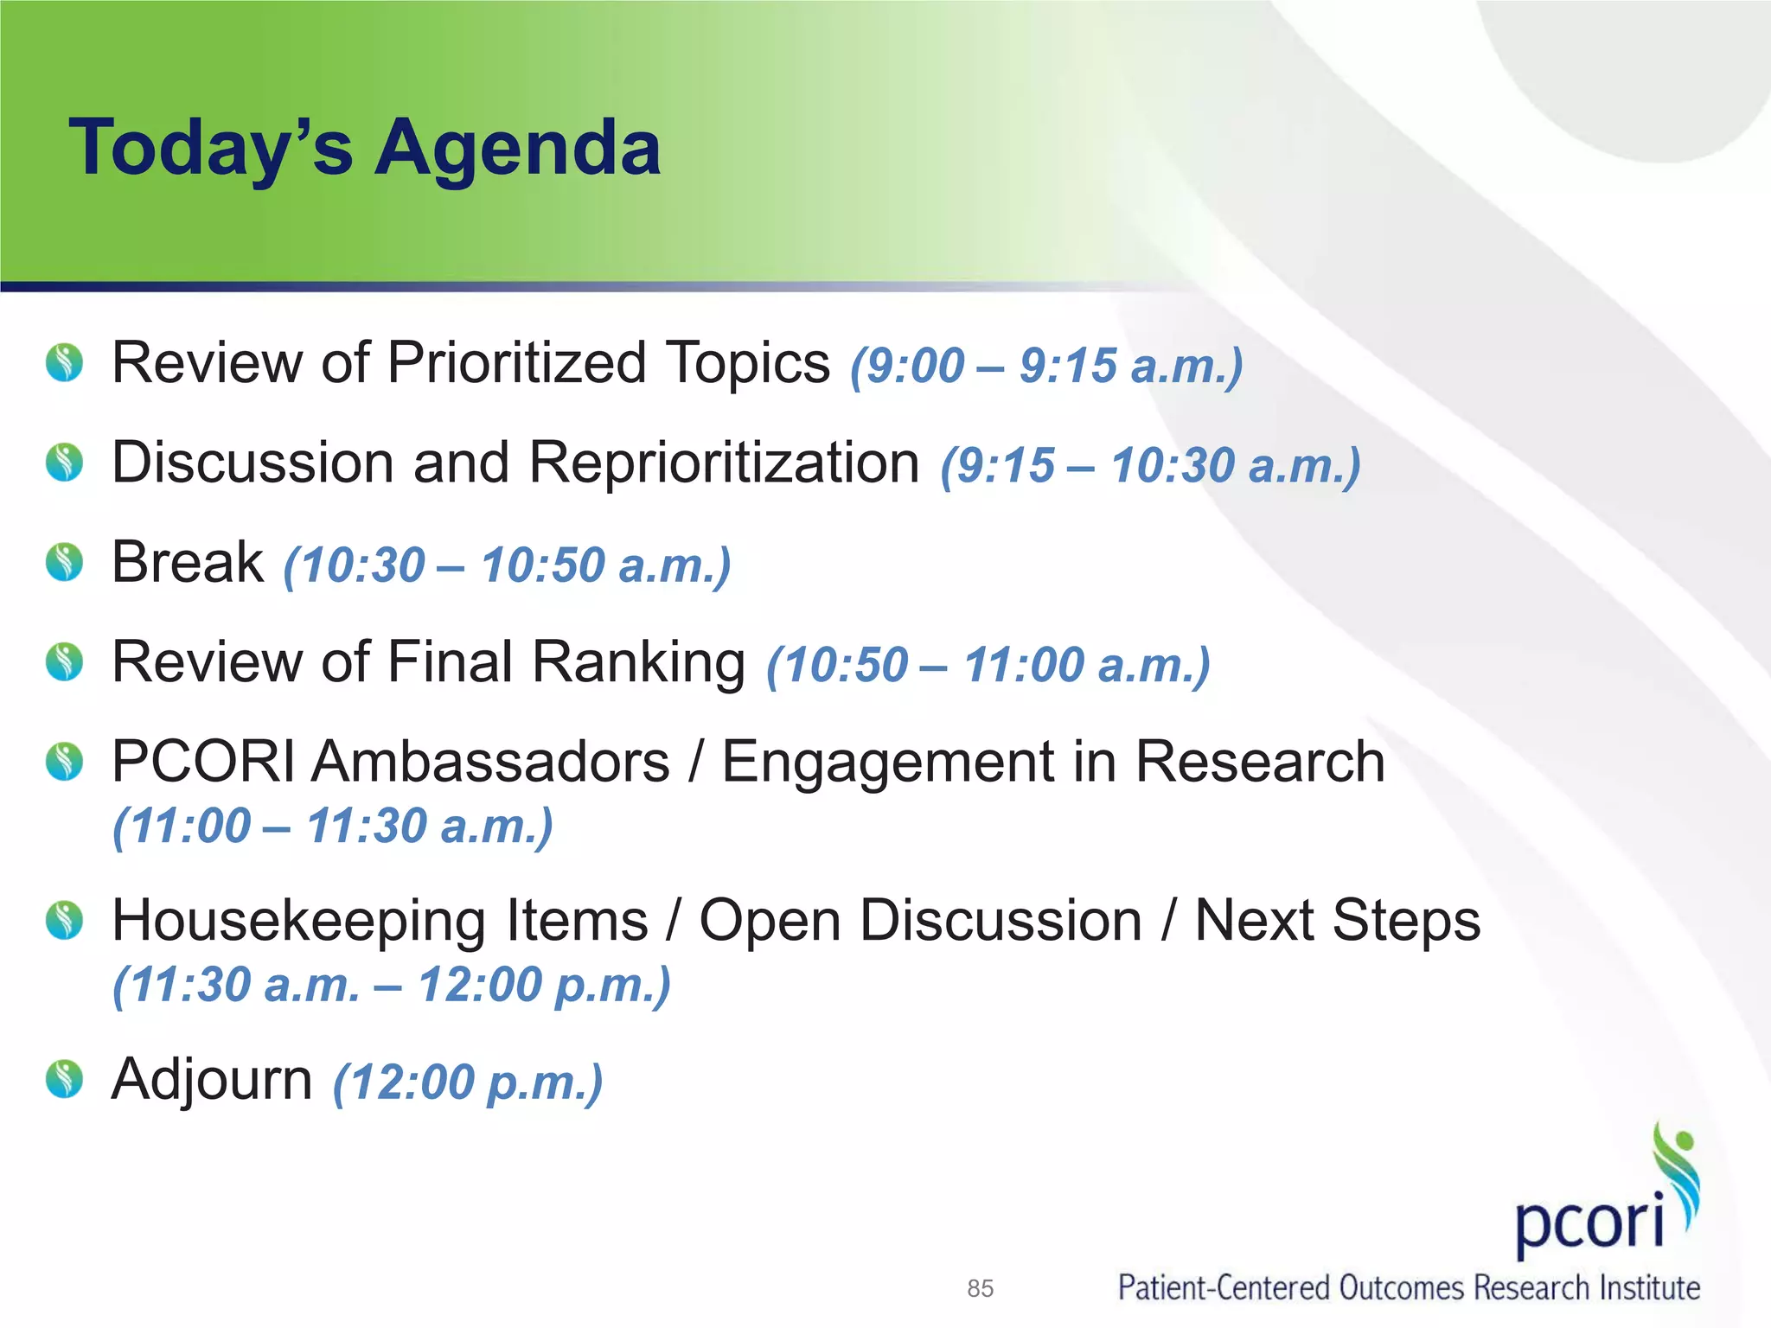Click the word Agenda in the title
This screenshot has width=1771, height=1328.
[518, 149]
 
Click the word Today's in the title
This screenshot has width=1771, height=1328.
[211, 149]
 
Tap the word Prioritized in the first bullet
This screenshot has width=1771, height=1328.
[517, 362]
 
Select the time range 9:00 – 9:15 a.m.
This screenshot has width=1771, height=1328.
[1046, 366]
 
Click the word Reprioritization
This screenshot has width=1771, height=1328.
[724, 463]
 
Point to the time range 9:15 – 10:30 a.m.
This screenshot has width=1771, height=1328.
[1150, 466]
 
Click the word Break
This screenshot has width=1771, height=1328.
[188, 563]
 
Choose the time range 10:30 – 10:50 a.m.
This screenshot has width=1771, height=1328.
[508, 566]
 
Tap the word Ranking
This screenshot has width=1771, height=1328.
[638, 662]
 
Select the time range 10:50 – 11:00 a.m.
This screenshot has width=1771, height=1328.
[988, 666]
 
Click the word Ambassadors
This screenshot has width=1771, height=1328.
[490, 762]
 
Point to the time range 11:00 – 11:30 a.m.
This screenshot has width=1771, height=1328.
[333, 827]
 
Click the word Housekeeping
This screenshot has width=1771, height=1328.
[380, 920]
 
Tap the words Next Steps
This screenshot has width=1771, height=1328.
[1337, 920]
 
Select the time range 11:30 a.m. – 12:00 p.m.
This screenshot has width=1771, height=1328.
[392, 985]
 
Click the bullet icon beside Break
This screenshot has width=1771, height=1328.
[64, 563]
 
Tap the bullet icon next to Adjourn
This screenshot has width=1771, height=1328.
[64, 1079]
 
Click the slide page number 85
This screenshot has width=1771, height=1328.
[980, 1288]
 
